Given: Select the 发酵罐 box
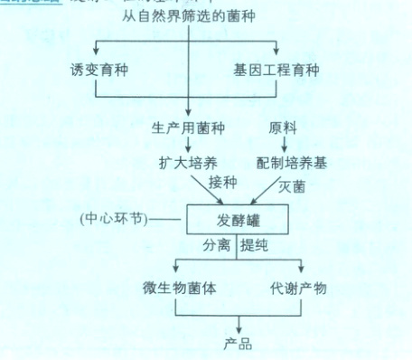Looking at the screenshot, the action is coord(236,219).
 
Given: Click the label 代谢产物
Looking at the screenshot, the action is coord(297,289).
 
